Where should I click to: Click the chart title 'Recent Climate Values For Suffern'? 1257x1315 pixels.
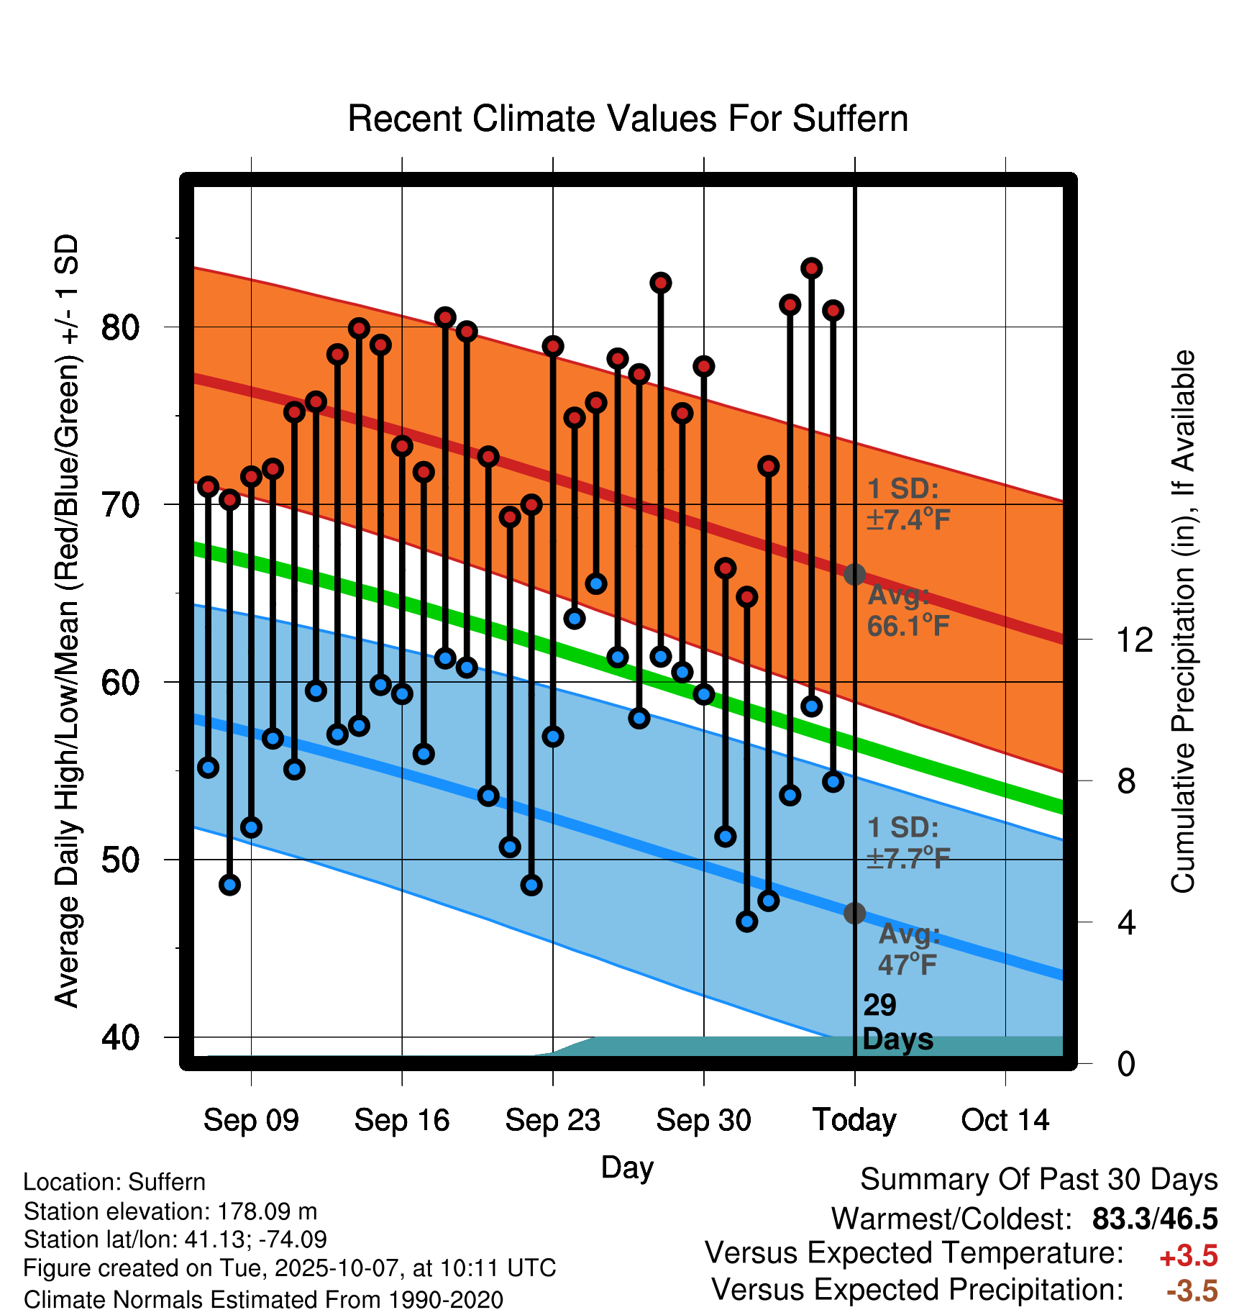coord(627,119)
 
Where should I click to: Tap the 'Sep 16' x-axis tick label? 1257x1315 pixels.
coord(401,1120)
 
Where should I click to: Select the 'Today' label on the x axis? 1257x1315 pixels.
coord(854,1120)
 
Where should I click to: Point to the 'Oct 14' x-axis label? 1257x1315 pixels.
coord(1005,1120)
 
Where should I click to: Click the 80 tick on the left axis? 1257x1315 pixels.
coord(119,327)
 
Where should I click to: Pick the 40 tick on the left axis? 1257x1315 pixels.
coord(119,1037)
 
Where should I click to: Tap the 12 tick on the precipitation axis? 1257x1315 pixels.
coord(1134,640)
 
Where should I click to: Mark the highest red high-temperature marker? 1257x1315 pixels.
coord(812,268)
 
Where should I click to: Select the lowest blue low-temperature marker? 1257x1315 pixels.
coord(747,922)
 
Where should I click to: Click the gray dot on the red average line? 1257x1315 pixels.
coord(854,575)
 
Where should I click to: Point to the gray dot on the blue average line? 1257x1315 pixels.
coord(854,914)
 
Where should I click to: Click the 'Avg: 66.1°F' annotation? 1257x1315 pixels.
coord(908,611)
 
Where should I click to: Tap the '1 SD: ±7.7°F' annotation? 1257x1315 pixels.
coord(908,843)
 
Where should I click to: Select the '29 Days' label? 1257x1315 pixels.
coord(897,1022)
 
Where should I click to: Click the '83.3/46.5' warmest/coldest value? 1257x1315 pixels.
coord(1154,1219)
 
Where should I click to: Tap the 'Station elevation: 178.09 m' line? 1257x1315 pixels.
coord(170,1212)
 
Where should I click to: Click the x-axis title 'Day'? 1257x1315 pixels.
coord(627,1167)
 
